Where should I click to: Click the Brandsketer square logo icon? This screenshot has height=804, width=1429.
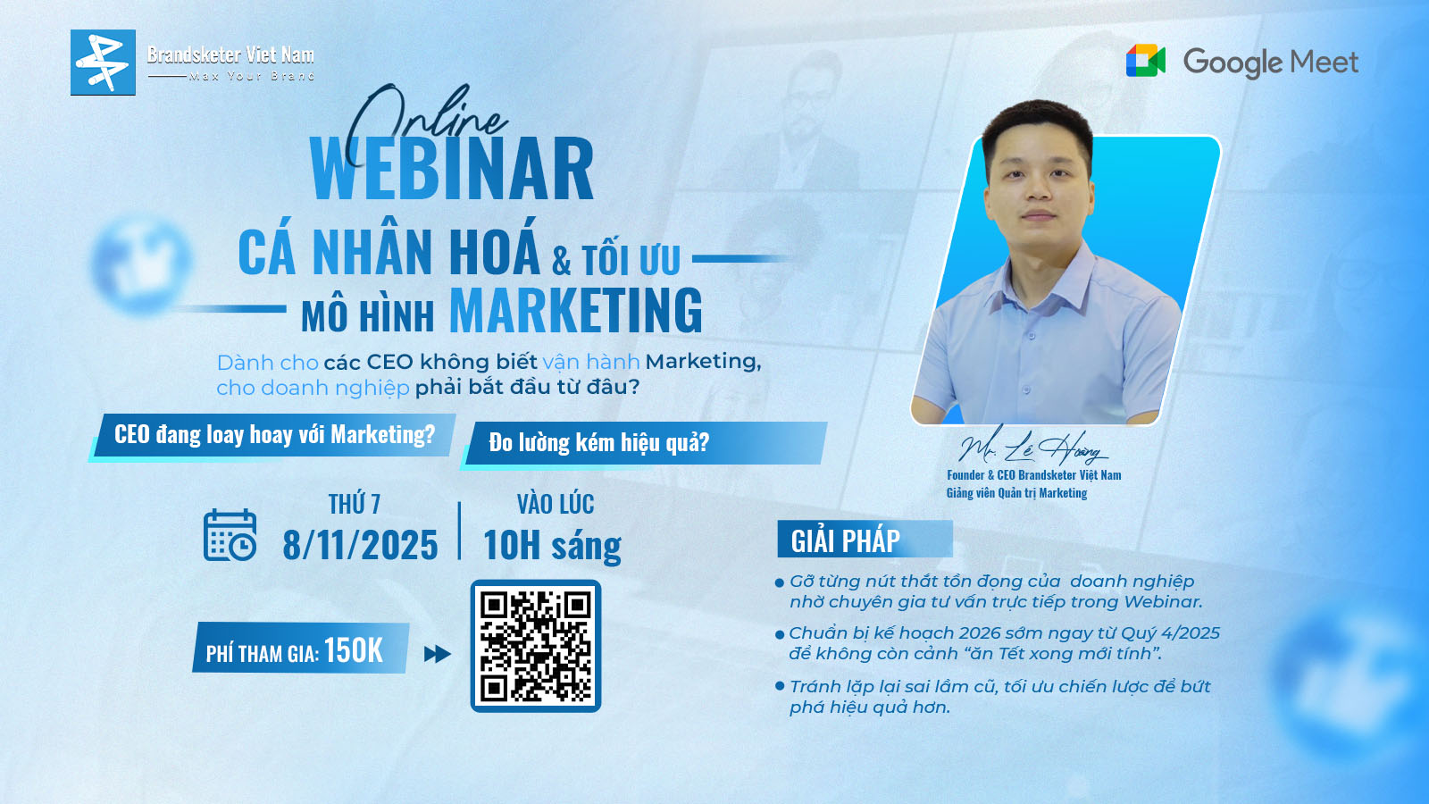click(103, 63)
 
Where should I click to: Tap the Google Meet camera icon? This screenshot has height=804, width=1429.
click(1146, 61)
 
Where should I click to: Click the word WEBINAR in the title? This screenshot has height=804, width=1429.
click(452, 170)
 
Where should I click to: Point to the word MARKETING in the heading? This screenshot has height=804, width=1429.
click(575, 311)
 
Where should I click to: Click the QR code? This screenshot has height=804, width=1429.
click(536, 646)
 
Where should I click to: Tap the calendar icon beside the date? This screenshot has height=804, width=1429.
click(230, 535)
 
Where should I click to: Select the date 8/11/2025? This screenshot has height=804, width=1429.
click(360, 545)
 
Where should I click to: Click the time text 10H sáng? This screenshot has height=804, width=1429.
click(552, 545)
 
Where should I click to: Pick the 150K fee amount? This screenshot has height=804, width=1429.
click(354, 650)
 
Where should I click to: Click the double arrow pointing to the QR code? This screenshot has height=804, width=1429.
click(437, 654)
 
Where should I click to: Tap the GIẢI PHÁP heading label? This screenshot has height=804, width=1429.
click(846, 540)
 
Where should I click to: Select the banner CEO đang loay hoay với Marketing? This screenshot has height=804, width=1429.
click(274, 435)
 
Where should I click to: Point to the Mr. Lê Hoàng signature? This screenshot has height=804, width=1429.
click(1030, 444)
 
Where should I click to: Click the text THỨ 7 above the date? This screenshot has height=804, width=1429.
click(354, 505)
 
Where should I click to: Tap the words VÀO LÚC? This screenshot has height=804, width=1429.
click(556, 505)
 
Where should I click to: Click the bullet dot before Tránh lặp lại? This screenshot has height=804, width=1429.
click(780, 686)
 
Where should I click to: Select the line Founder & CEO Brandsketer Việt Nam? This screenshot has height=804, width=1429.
click(1033, 475)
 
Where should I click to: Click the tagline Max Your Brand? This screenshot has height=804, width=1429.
click(252, 77)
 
